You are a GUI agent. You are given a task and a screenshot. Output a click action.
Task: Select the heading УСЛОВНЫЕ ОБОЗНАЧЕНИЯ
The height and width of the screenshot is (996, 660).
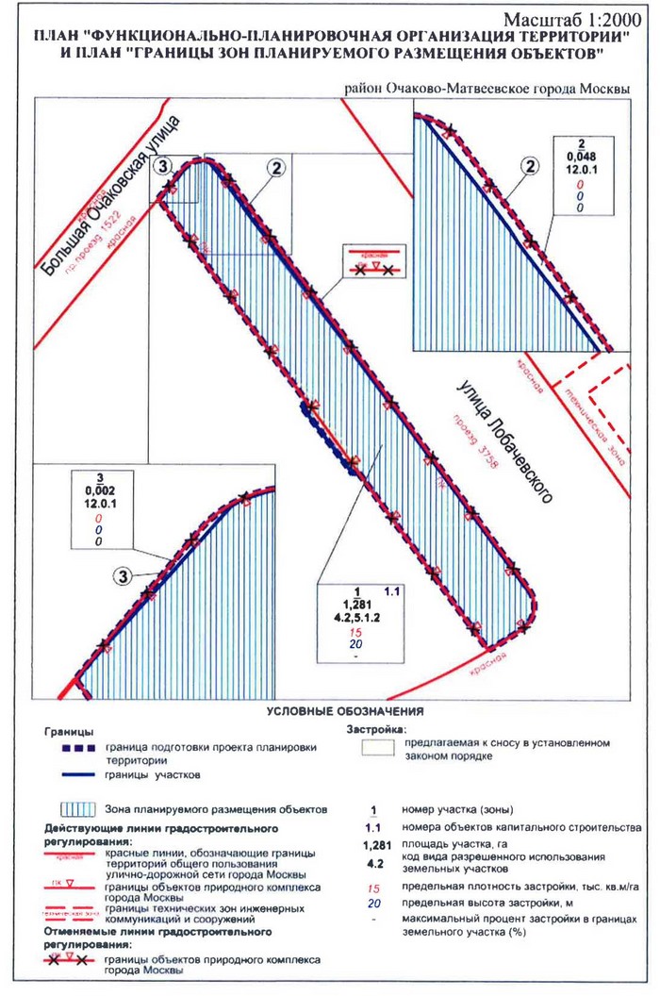tap(345, 710)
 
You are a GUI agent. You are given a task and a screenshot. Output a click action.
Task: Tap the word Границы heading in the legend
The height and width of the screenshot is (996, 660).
tap(68, 731)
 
